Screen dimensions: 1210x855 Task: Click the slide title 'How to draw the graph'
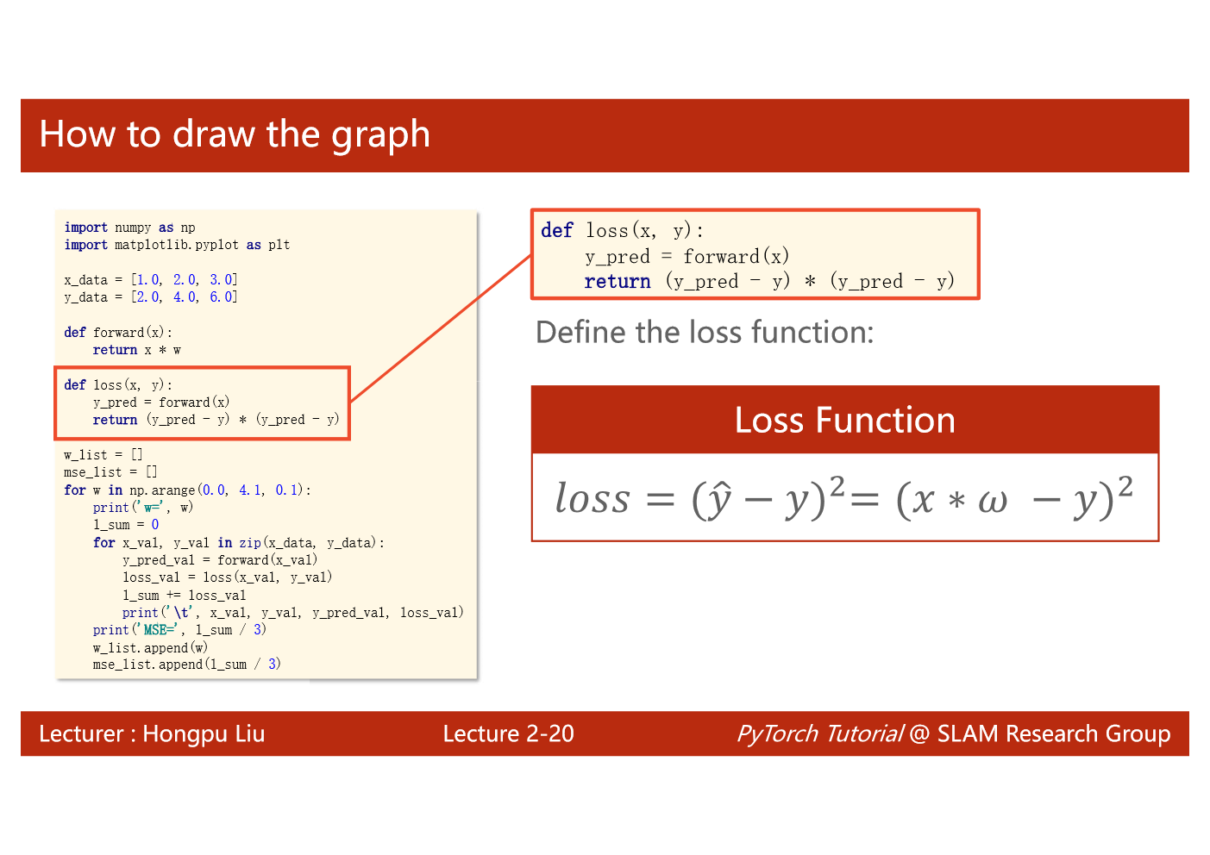pos(235,134)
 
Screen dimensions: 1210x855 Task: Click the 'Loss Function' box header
pos(845,420)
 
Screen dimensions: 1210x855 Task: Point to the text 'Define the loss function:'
pos(705,332)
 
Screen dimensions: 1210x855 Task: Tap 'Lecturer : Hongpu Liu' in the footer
pos(152,733)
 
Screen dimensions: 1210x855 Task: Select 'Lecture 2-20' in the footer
pos(508,733)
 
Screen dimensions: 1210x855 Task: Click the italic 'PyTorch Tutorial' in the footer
pos(819,733)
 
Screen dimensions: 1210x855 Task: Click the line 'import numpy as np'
pos(129,228)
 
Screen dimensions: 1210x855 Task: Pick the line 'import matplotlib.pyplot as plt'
pos(177,245)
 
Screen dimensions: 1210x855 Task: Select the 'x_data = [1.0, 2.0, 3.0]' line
pos(151,279)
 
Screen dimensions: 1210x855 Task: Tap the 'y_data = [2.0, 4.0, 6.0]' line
pos(151,296)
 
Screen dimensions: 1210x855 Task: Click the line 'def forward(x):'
pos(118,332)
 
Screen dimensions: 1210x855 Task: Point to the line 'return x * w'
pos(136,350)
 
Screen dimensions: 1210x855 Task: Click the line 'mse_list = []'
pos(110,472)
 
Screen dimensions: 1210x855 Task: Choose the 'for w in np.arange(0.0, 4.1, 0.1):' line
pos(187,490)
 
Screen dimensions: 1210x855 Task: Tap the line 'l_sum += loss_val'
pos(185,596)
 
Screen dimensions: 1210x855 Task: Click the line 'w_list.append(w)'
pos(150,648)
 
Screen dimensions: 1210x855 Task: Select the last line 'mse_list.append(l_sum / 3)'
pos(187,665)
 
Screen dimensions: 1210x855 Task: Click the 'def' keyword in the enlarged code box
pos(557,230)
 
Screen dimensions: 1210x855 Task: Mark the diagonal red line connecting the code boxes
pos(442,328)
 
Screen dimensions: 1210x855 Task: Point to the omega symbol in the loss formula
pos(993,502)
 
